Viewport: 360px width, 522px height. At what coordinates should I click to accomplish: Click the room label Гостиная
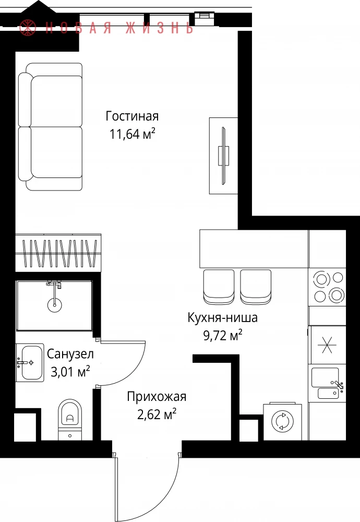click(132, 116)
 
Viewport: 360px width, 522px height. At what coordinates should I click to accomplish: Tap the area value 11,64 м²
click(133, 134)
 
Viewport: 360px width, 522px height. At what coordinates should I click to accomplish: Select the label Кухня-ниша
click(223, 317)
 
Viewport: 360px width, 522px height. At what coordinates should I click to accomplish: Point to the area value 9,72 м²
click(223, 335)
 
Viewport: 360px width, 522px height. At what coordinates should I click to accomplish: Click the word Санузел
click(70, 354)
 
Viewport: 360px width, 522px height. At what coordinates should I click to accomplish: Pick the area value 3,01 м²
click(70, 372)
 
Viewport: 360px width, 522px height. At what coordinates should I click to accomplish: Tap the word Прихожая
click(157, 397)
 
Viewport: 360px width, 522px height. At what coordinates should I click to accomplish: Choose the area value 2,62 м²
click(157, 415)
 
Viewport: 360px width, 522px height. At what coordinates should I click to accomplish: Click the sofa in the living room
click(50, 127)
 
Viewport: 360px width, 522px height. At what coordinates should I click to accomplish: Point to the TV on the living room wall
click(223, 156)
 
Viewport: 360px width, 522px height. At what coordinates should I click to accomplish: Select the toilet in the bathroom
click(70, 420)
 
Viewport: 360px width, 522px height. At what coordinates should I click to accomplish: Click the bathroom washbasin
click(30, 363)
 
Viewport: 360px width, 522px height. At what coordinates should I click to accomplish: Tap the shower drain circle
click(54, 305)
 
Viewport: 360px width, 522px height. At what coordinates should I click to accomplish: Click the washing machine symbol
click(282, 422)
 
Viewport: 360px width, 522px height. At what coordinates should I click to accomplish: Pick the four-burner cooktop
click(328, 287)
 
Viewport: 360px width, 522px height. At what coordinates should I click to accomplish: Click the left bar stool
click(219, 287)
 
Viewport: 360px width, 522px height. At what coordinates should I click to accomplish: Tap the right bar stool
click(256, 287)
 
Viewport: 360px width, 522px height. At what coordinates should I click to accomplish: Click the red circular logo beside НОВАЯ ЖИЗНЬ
click(28, 27)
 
